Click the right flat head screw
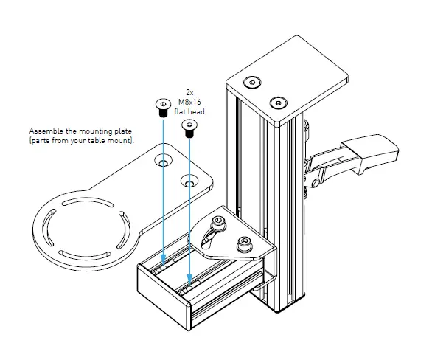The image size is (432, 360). click(188, 130)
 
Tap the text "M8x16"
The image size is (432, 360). click(189, 102)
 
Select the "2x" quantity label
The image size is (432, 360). click(189, 93)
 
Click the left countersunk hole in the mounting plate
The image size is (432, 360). click(161, 159)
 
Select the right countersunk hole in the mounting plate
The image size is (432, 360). click(189, 180)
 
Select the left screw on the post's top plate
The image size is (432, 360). click(254, 80)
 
